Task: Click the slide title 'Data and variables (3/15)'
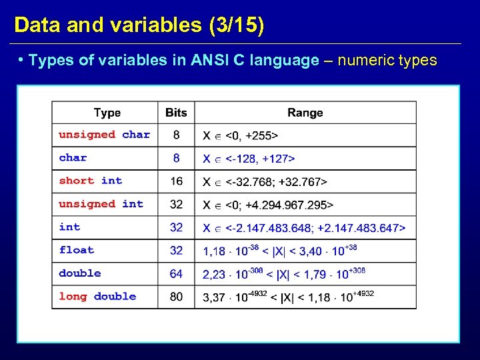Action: [x=139, y=25]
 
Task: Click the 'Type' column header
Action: [x=107, y=113]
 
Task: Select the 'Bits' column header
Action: [x=176, y=113]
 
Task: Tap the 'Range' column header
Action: [x=305, y=113]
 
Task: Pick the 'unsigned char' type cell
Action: [x=104, y=135]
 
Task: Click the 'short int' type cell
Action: [x=91, y=181]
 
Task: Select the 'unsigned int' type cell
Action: [x=101, y=204]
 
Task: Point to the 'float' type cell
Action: [x=77, y=250]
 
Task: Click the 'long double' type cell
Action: [x=97, y=297]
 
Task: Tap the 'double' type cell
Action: [x=80, y=273]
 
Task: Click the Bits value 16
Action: [x=176, y=181]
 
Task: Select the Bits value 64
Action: [x=176, y=273]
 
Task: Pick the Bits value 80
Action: [x=176, y=297]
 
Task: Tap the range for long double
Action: [x=288, y=297]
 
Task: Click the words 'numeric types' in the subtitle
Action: [x=387, y=61]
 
